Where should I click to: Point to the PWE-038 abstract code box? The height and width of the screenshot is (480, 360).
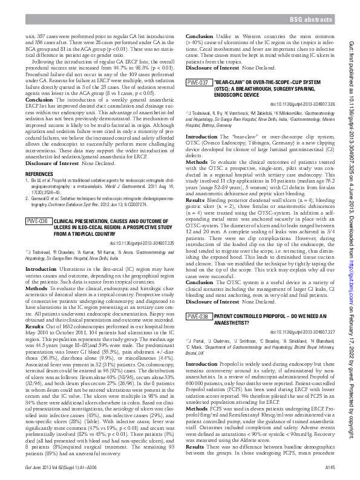[x=197, y=316]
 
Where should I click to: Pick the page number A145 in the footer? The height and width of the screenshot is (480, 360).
[x=329, y=467]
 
